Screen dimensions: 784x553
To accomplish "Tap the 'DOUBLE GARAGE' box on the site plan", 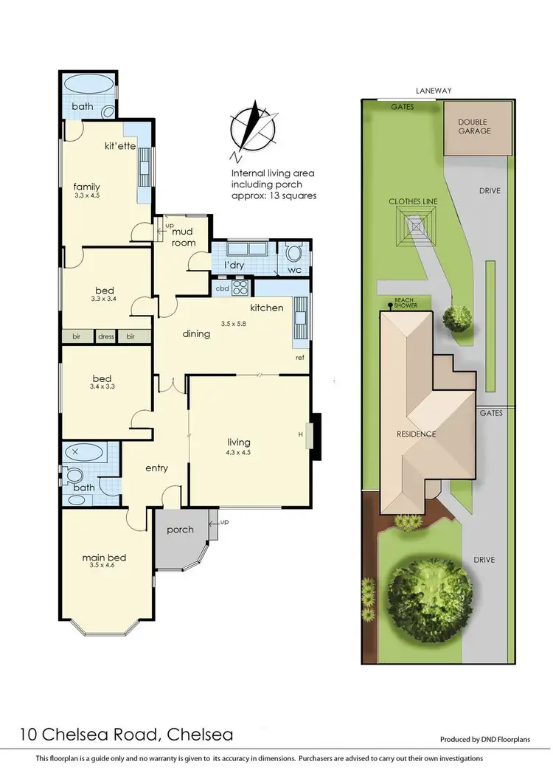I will pyautogui.click(x=473, y=127).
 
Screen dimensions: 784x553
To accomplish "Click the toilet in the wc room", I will pyautogui.click(x=294, y=255).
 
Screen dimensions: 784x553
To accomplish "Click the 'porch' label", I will pyautogui.click(x=180, y=530).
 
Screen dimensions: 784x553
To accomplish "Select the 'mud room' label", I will pyautogui.click(x=182, y=236).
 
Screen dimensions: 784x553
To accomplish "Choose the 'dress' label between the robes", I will pyautogui.click(x=106, y=336).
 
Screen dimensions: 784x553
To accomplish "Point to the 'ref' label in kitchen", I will pyautogui.click(x=299, y=357).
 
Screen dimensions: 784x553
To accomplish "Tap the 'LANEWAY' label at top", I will pyautogui.click(x=434, y=91).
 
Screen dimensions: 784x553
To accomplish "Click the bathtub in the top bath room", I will pyautogui.click(x=88, y=86).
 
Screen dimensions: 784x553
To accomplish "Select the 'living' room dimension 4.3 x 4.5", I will pyautogui.click(x=239, y=453).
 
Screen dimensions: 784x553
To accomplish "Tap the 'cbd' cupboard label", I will pyautogui.click(x=221, y=288).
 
